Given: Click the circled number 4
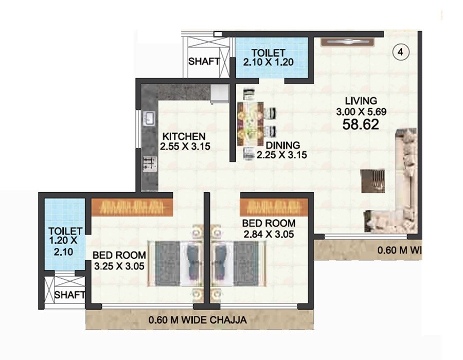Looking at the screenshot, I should (400, 52).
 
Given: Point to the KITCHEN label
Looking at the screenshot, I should (184, 136).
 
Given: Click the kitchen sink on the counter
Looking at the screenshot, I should (149, 119).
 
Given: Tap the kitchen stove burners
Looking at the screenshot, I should (149, 163).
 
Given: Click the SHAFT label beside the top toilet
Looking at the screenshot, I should (204, 61).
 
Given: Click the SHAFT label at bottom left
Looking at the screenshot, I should (69, 295).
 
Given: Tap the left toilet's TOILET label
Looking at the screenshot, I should (62, 230).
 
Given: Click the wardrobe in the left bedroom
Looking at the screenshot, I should (132, 207).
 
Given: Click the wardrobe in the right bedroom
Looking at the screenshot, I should (271, 207).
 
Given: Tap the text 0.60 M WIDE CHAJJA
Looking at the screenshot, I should (197, 320).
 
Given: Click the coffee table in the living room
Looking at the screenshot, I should (372, 180).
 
